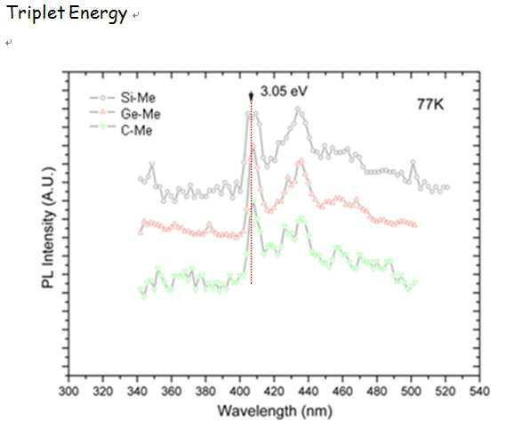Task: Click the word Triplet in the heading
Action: (36, 13)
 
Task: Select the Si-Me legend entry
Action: (122, 98)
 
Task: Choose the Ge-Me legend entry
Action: (124, 114)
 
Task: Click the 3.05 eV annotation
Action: (284, 91)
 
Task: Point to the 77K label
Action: (430, 104)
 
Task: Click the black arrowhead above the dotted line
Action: (251, 96)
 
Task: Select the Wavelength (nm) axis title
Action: (275, 411)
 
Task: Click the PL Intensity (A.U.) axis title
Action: (48, 228)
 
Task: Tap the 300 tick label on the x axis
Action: (68, 392)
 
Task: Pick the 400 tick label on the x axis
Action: (239, 392)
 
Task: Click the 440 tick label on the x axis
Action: (309, 392)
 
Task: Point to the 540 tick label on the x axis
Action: (479, 392)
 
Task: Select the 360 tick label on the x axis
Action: (171, 392)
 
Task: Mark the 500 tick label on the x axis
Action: (411, 392)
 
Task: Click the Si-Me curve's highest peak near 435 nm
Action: (298, 109)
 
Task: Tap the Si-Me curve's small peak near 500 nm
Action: (413, 162)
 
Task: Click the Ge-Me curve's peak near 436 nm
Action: (301, 160)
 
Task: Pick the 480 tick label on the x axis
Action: (377, 392)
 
